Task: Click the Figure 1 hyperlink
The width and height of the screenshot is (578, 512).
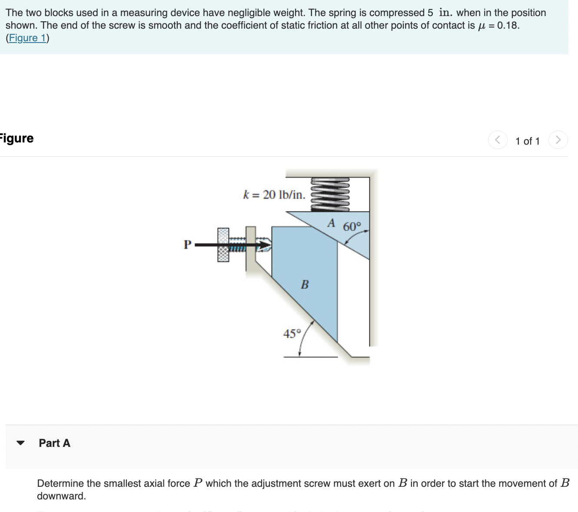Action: [27, 38]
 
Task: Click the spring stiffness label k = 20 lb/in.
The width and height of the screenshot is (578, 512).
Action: [274, 195]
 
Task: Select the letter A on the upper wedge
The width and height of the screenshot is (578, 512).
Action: [332, 223]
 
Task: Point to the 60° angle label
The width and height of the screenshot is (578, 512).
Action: [352, 227]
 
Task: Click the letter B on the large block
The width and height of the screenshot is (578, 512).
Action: [305, 285]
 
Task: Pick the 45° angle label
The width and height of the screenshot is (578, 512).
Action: [292, 334]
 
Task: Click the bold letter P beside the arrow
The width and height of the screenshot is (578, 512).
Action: [187, 244]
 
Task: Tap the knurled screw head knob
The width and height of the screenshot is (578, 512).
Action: [223, 245]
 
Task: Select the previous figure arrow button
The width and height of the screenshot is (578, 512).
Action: [498, 140]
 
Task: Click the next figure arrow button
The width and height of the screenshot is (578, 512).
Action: [558, 140]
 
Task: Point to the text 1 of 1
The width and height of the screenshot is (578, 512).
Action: [527, 141]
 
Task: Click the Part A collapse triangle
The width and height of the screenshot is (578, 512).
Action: [20, 443]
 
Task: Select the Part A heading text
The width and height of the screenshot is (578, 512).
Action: [54, 443]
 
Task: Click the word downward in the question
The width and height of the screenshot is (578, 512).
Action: [61, 496]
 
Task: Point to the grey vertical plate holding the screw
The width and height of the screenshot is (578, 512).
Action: [250, 248]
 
